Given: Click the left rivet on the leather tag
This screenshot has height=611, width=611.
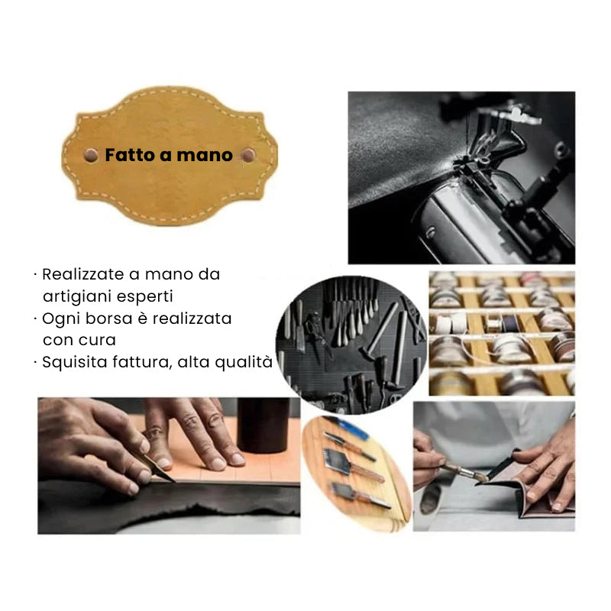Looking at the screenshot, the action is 91,155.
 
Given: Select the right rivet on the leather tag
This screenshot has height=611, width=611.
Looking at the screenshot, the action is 248,155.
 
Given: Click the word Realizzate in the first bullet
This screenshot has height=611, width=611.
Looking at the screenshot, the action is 83,274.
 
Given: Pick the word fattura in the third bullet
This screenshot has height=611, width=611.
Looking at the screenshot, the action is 142,362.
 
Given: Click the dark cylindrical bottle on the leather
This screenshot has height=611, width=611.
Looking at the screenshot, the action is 263,425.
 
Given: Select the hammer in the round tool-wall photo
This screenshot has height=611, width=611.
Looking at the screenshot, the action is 379,331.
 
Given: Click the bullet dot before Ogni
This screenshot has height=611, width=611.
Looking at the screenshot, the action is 35,319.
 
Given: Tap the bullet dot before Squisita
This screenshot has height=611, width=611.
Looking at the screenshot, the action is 35,363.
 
